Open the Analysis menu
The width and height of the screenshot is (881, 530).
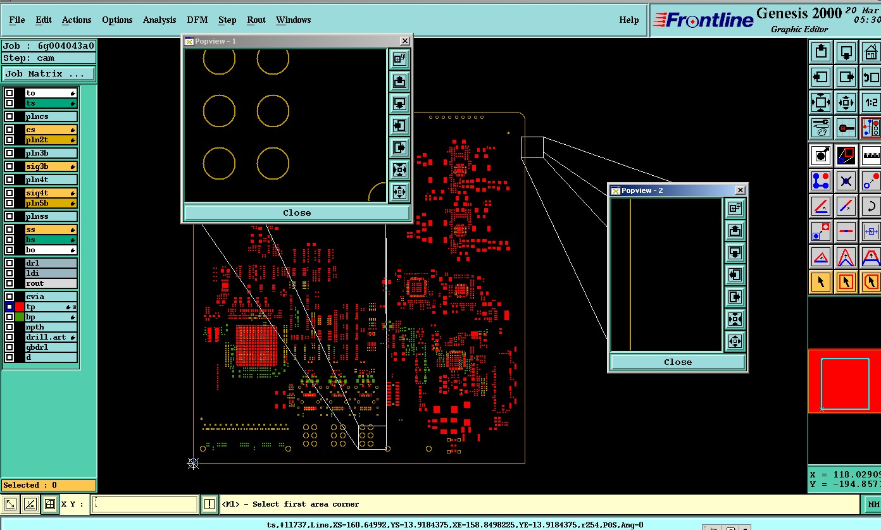tap(159, 20)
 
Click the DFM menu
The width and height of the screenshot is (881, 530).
tap(197, 20)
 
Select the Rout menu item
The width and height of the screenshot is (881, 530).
tap(256, 20)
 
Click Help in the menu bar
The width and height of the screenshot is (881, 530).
tap(628, 20)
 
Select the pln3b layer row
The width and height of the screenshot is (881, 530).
tap(51, 153)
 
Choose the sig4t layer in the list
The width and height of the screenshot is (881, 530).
tap(51, 193)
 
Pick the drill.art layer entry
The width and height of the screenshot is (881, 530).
tap(51, 337)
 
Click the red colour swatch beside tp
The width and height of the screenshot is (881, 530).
tap(19, 307)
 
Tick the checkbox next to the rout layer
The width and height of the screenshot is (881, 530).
tap(9, 283)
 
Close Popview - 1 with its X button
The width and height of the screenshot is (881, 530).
tap(404, 41)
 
